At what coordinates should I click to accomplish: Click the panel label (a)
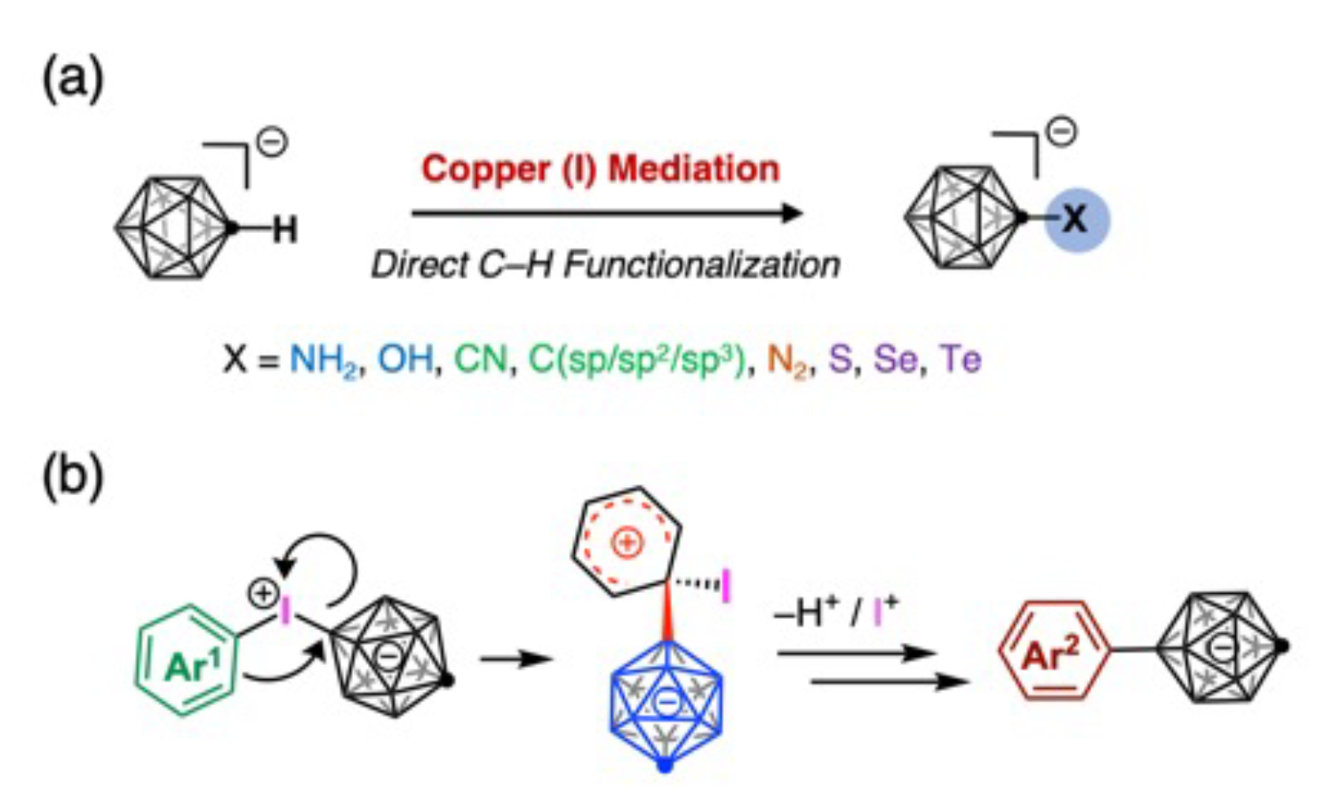point(73,78)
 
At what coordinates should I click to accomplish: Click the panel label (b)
point(73,476)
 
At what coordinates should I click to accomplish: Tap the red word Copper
point(485,169)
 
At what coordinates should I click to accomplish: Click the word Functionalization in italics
point(702,265)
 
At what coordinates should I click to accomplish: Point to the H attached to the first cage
point(284,231)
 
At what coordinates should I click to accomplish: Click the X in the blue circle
point(1075,219)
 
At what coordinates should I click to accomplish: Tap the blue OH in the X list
point(406,360)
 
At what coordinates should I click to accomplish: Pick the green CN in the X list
point(481,360)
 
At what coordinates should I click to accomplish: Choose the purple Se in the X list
point(895,360)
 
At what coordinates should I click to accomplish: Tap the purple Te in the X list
point(961,360)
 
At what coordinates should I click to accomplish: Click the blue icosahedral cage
point(666,702)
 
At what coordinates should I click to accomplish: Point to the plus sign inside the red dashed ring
point(627,542)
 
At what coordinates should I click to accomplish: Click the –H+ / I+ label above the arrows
point(836,613)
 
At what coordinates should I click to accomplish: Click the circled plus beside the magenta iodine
point(264,593)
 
